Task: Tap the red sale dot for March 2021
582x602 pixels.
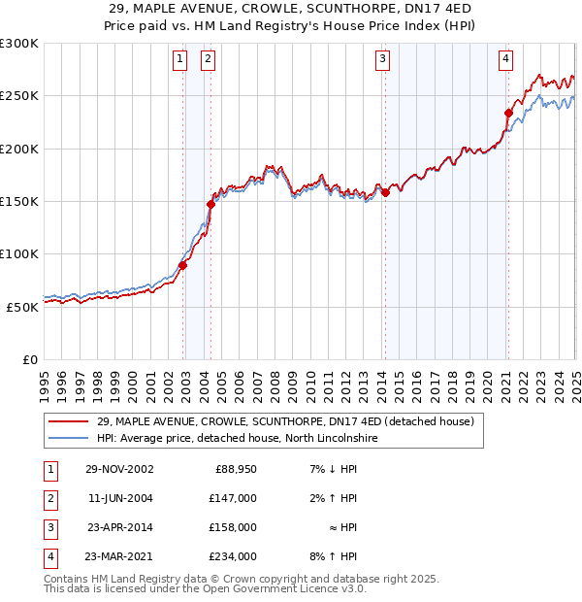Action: (x=507, y=113)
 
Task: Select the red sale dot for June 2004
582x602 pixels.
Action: (x=210, y=204)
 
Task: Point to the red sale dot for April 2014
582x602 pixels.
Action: (x=385, y=192)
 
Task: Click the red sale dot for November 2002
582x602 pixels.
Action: (x=183, y=265)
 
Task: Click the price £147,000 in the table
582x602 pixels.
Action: (x=234, y=497)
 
